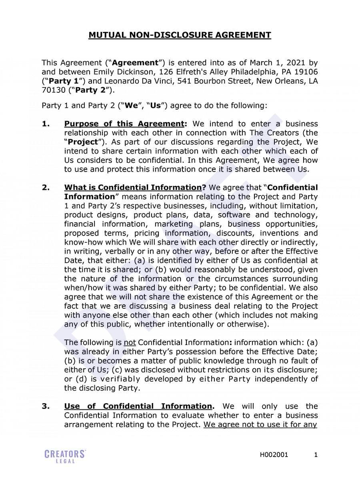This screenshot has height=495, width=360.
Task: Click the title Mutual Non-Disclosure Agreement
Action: pos(180,35)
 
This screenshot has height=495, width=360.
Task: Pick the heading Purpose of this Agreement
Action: pos(124,124)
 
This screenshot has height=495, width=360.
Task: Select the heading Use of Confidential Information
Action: pos(138,406)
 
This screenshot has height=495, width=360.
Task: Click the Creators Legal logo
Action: pos(65,456)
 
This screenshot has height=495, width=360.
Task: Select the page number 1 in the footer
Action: pos(316,455)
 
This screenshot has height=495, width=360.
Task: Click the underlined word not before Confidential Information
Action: pos(130,342)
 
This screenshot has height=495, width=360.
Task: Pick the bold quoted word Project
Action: pos(83,142)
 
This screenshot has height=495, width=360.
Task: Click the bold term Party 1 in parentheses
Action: pos(61,81)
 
